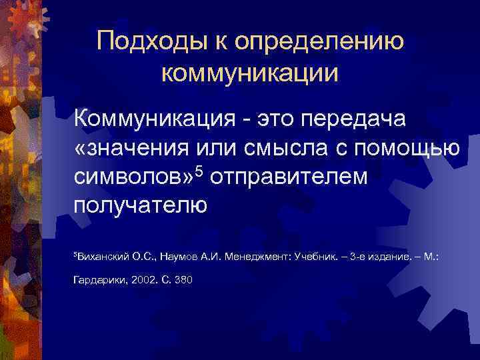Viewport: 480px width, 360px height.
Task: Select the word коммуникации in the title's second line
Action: click(250, 73)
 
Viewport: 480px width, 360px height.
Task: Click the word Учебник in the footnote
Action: click(313, 256)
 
